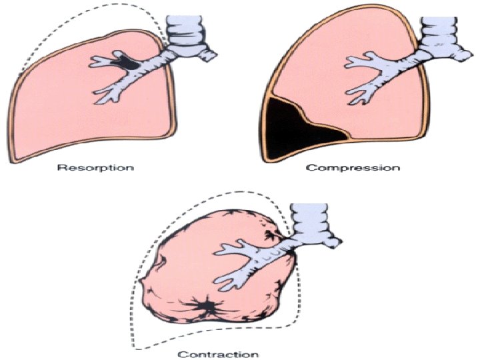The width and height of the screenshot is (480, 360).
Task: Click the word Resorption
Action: (95, 167)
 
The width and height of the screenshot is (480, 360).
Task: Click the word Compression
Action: (353, 167)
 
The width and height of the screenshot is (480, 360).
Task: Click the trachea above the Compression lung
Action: (443, 30)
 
